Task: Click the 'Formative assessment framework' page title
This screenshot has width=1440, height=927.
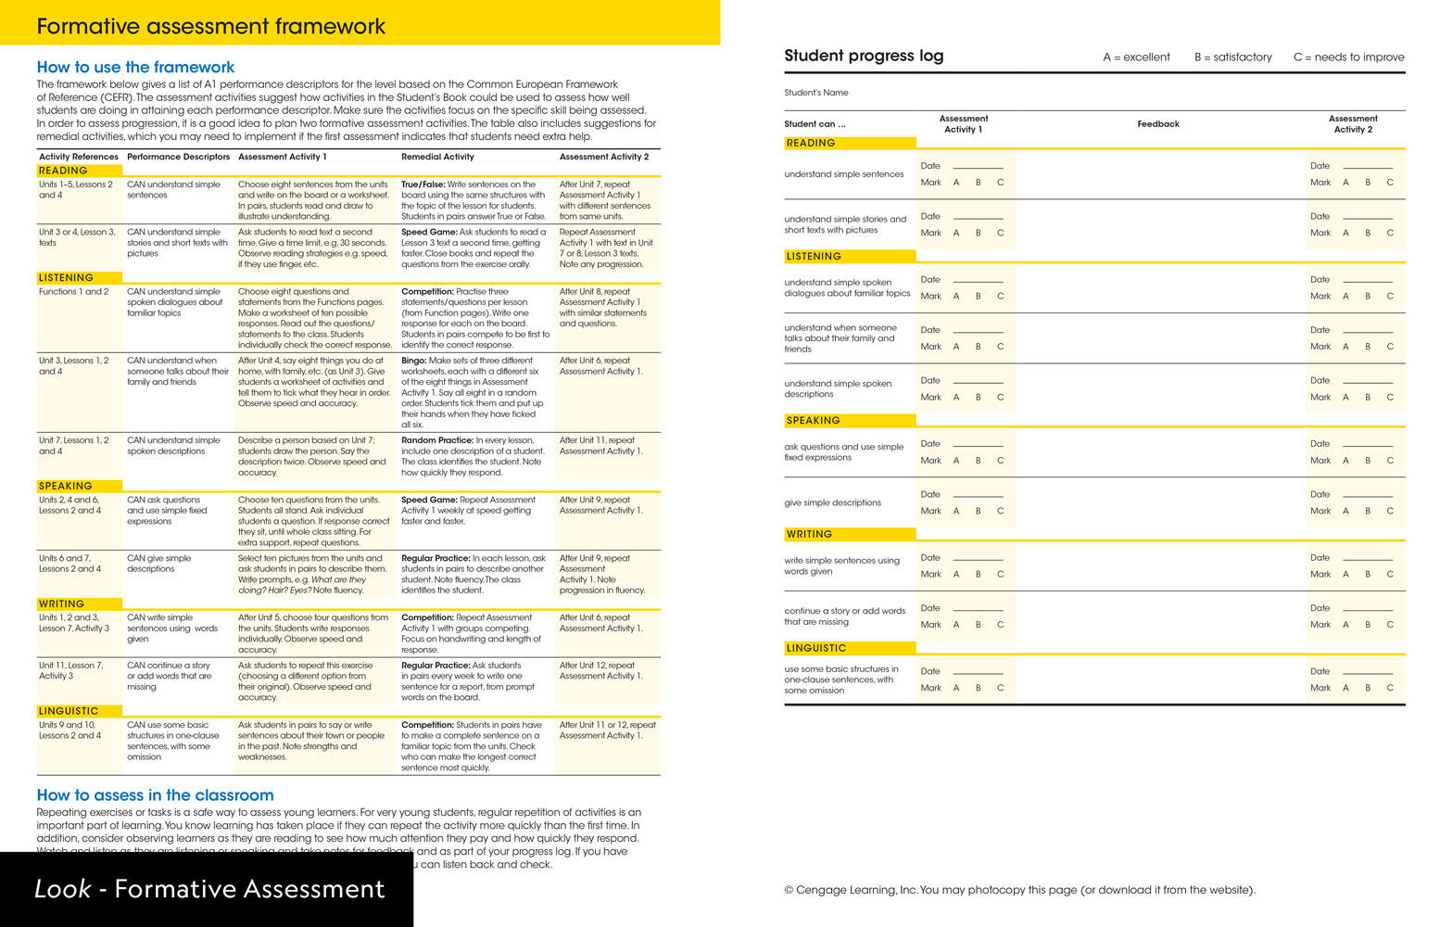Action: coord(210,27)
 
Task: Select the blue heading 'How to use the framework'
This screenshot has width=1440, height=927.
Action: coord(135,67)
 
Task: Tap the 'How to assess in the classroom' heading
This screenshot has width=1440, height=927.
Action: coord(155,794)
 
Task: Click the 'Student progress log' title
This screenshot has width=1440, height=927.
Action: coord(864,56)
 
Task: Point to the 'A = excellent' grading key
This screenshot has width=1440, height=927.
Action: coord(1136,57)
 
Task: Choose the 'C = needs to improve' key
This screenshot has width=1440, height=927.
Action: coord(1348,57)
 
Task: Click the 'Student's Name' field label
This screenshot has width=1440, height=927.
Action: coord(815,93)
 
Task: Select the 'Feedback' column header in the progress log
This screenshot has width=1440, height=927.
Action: coord(1157,124)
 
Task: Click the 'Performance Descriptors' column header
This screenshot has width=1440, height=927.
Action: coord(178,157)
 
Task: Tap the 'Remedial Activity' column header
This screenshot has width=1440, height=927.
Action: coord(437,157)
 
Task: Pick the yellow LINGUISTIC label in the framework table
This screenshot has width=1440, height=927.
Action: coord(69,711)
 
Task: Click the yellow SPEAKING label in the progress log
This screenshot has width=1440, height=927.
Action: coord(813,421)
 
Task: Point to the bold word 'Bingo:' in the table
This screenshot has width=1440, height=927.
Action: coord(413,361)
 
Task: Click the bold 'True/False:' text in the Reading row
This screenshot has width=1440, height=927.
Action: coord(423,184)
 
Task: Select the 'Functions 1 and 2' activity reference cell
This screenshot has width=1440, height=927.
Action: coord(73,291)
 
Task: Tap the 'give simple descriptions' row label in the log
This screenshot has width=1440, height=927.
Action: coord(832,503)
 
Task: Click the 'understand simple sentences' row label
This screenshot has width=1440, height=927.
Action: coord(843,174)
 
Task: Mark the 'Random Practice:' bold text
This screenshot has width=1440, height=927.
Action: coord(437,440)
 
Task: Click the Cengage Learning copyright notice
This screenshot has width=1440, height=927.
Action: coord(1019,890)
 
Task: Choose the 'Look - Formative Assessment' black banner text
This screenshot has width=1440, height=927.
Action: coord(209,889)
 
